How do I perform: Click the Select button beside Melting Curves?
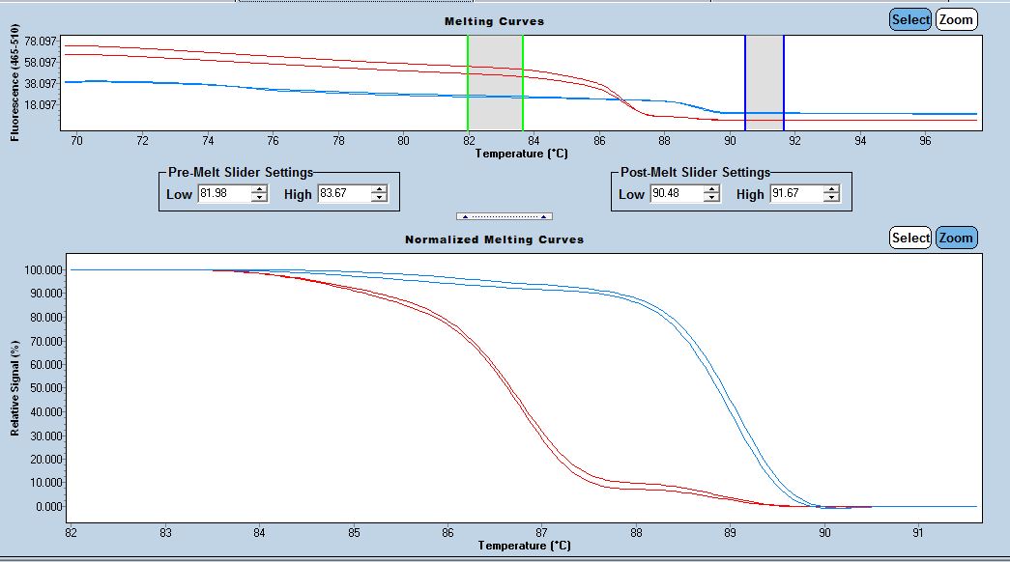click(910, 19)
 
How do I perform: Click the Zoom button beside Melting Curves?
click(956, 19)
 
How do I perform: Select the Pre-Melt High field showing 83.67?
click(343, 194)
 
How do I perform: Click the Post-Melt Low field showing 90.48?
click(676, 194)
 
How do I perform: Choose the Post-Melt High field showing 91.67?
click(795, 194)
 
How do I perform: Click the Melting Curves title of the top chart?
click(494, 21)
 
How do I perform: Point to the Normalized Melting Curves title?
click(494, 239)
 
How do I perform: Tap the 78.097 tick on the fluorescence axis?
click(42, 42)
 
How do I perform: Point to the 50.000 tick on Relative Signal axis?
click(43, 388)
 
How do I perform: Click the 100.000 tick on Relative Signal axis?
click(41, 269)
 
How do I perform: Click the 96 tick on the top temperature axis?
click(925, 139)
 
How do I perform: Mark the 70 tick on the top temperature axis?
click(77, 139)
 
